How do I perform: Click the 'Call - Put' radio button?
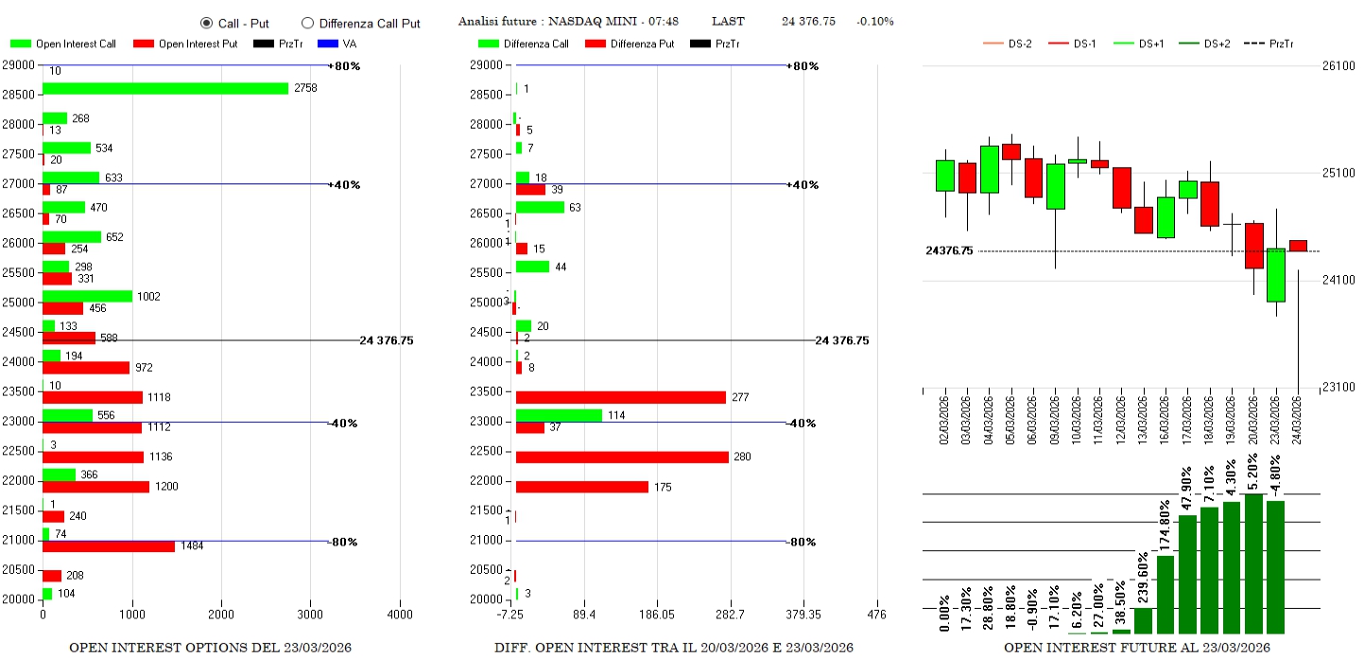coord(206,23)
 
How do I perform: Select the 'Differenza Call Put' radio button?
coord(307,23)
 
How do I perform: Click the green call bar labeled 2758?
coord(165,88)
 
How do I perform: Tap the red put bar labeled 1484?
coord(109,546)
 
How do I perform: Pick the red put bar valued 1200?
coord(95,487)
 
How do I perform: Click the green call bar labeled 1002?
coord(87,296)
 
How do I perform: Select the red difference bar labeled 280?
coord(622,458)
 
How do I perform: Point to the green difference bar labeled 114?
coord(559,415)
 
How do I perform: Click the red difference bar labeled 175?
coord(582,487)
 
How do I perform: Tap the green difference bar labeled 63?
coord(540,207)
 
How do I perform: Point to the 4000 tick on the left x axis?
coord(400,615)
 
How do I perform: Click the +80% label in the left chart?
coord(344,66)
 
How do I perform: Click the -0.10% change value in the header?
coord(874,22)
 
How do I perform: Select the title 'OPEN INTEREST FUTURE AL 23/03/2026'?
coord(1136,648)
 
